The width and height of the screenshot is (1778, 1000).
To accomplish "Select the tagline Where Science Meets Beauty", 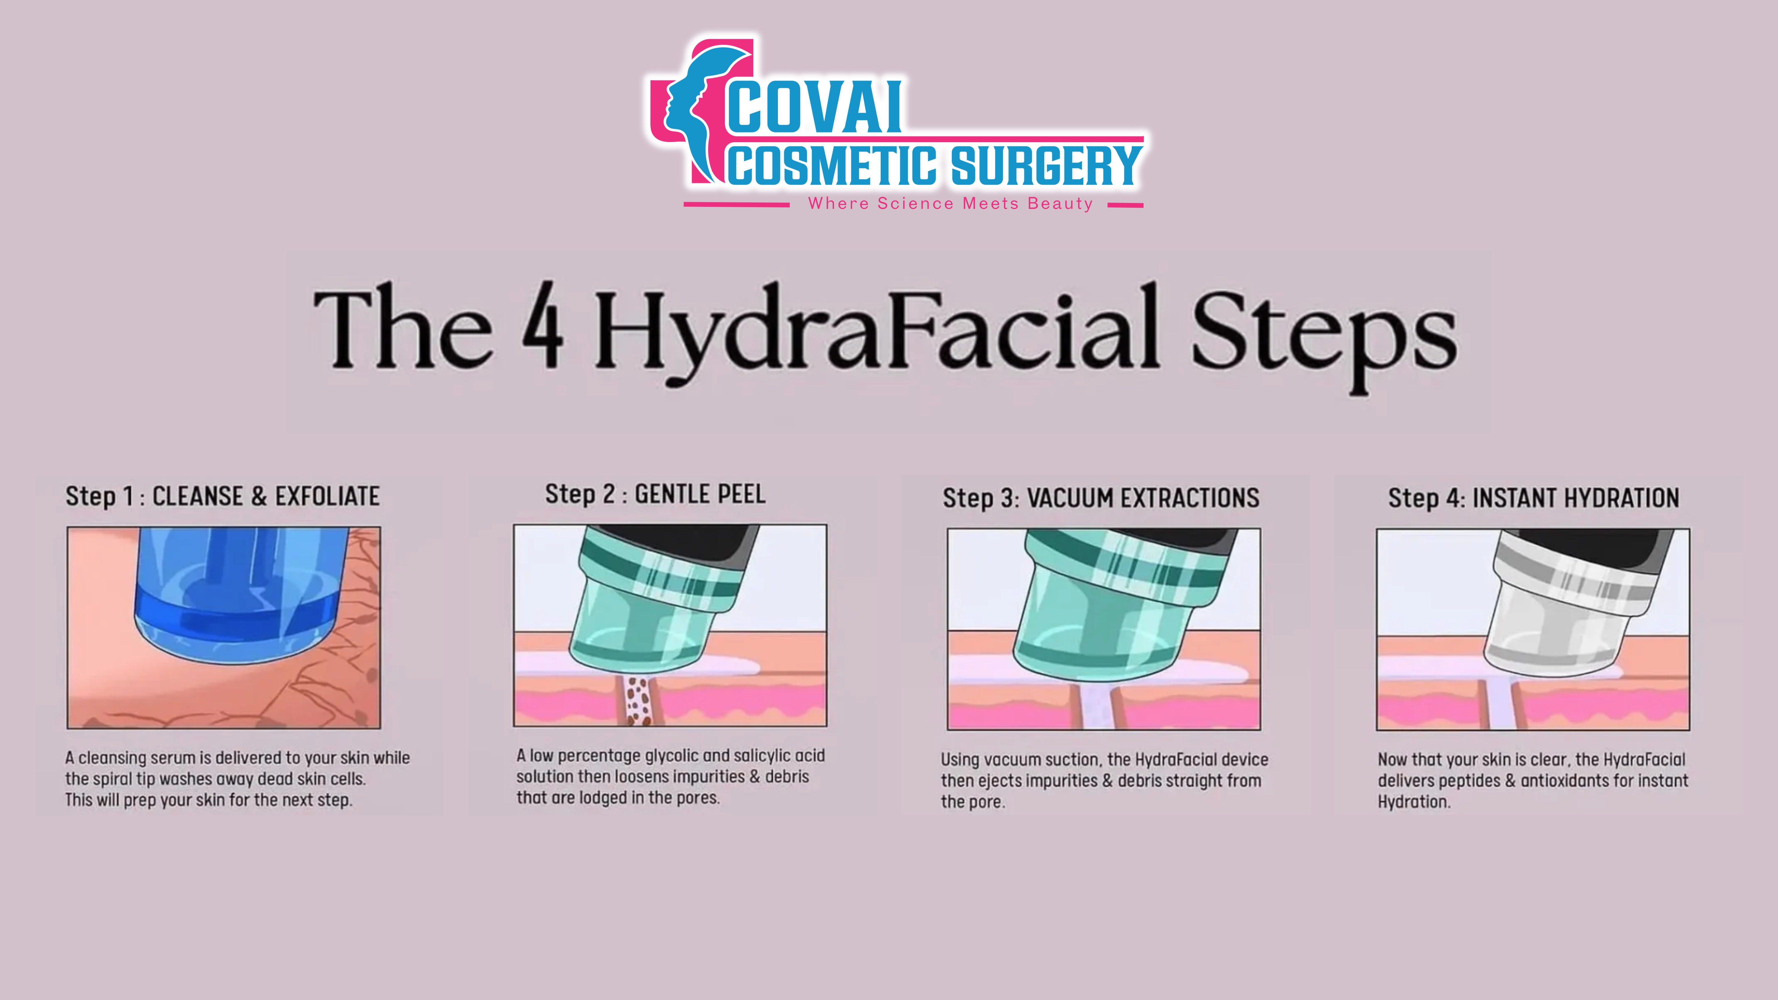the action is pos(950,204).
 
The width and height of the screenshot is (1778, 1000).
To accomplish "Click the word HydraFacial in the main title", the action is pos(877,331).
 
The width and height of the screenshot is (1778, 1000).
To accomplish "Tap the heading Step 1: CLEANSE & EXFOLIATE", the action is pos(222,496).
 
